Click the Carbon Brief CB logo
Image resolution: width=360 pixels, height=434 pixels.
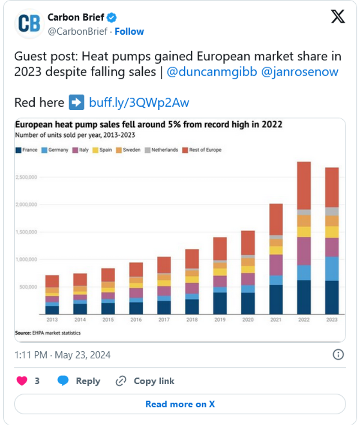[29, 24]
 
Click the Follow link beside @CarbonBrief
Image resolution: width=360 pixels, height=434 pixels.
[129, 32]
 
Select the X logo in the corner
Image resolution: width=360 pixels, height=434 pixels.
[338, 17]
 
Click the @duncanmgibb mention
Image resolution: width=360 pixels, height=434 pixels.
[211, 72]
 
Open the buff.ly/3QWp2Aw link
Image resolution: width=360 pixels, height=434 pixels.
[139, 102]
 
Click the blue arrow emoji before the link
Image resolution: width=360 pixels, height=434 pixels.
[77, 102]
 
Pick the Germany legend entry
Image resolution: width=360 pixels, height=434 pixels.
[55, 150]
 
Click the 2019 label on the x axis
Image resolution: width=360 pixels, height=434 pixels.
[220, 320]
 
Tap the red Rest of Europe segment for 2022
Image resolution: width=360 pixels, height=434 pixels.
[303, 185]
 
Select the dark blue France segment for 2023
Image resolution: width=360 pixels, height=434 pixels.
[332, 297]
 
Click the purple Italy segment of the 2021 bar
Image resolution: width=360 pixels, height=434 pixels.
[276, 265]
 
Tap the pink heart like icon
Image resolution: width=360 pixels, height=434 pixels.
[22, 381]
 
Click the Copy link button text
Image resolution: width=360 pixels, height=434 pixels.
[154, 381]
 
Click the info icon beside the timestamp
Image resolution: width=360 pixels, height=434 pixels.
[338, 354]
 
